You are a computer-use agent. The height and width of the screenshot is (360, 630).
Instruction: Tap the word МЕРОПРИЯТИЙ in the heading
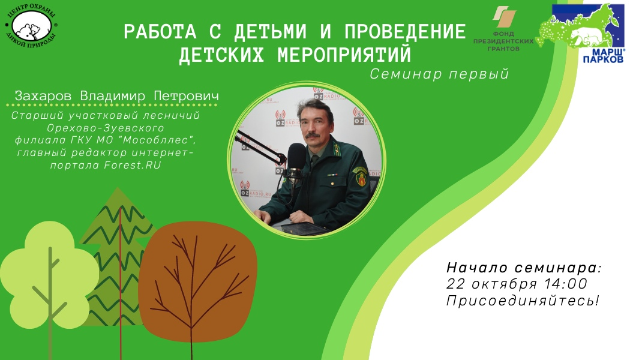tap(344, 55)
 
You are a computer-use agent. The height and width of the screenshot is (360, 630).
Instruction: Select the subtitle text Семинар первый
tap(439, 74)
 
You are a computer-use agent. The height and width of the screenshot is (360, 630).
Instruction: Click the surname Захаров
tap(43, 96)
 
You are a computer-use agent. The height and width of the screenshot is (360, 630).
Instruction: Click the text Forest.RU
tap(133, 165)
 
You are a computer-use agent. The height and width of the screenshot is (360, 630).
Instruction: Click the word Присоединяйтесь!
tap(523, 301)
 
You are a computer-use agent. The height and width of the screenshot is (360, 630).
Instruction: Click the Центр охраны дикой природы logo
tap(31, 26)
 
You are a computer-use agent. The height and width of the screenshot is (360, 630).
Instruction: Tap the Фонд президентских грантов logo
tap(503, 29)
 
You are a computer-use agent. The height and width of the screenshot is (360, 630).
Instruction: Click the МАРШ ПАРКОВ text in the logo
tap(604, 56)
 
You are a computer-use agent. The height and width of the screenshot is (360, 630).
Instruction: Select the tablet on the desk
tap(305, 229)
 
